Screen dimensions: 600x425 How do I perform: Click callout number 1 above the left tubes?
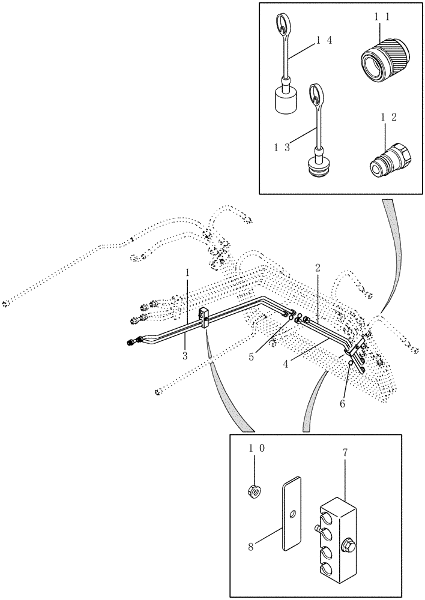click(x=188, y=272)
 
